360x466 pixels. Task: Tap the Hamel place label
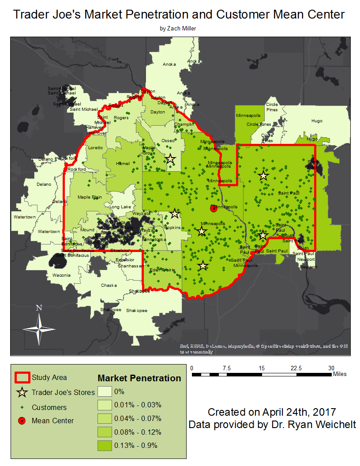pyautogui.click(x=123, y=164)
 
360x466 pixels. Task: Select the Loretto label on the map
pyautogui.click(x=96, y=148)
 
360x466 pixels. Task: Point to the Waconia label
pyautogui.click(x=61, y=275)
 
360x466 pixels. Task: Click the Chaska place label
pyautogui.click(x=109, y=286)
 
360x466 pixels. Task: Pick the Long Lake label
pyautogui.click(x=120, y=207)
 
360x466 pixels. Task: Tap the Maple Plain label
pyautogui.click(x=90, y=197)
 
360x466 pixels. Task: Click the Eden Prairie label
pyautogui.click(x=161, y=270)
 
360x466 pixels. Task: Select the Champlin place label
pyautogui.click(x=184, y=124)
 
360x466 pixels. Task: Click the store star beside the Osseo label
pyautogui.click(x=170, y=158)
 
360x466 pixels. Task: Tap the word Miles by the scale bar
pyautogui.click(x=340, y=374)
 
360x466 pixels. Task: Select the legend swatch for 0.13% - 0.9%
pyautogui.click(x=105, y=445)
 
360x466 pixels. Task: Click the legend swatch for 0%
pyautogui.click(x=105, y=391)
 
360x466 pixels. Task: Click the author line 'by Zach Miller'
pyautogui.click(x=178, y=28)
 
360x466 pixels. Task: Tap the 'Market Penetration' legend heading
pyautogui.click(x=139, y=378)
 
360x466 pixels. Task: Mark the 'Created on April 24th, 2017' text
pyautogui.click(x=272, y=412)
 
